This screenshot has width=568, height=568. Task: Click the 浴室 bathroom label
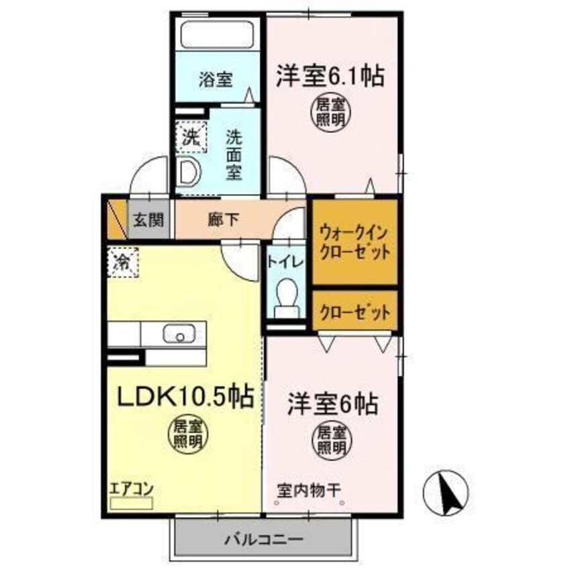pos(216,80)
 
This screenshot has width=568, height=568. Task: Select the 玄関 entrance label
pos(146,219)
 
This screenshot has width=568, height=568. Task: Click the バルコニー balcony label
pos(264,538)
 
